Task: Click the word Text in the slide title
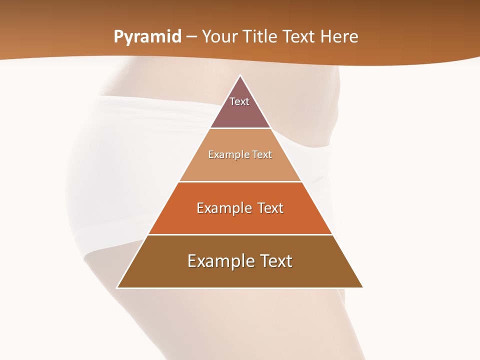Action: pos(299,37)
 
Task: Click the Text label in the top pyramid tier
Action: pos(239,101)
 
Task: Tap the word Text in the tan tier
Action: pos(262,154)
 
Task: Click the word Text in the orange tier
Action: pos(270,208)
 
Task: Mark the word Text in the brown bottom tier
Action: pos(276,261)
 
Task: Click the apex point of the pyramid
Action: pos(240,75)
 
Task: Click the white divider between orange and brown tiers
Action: pos(240,235)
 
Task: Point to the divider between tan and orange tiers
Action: pos(240,181)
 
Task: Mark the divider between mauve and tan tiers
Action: pos(240,128)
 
